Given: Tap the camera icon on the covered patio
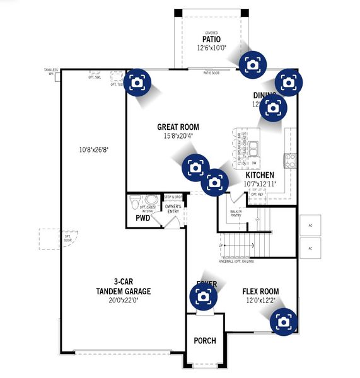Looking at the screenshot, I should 253,64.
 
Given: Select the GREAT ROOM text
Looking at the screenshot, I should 178,127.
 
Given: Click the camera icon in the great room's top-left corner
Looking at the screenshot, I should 137,82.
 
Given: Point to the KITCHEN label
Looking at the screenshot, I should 259,175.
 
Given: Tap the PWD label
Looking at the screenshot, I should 143,219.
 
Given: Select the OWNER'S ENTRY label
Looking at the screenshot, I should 173,209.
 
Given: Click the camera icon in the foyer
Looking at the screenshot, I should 203,295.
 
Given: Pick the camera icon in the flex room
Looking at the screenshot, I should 283,321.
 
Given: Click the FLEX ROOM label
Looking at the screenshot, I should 260,292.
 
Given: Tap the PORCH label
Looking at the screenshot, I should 205,341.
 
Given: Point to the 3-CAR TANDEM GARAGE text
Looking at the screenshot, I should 124,287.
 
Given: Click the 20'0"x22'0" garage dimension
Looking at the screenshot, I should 124,301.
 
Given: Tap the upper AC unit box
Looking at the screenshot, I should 310,225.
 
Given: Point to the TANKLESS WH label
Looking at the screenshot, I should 51,71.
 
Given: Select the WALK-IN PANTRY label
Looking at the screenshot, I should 236,214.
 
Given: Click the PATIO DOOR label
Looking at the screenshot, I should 211,73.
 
